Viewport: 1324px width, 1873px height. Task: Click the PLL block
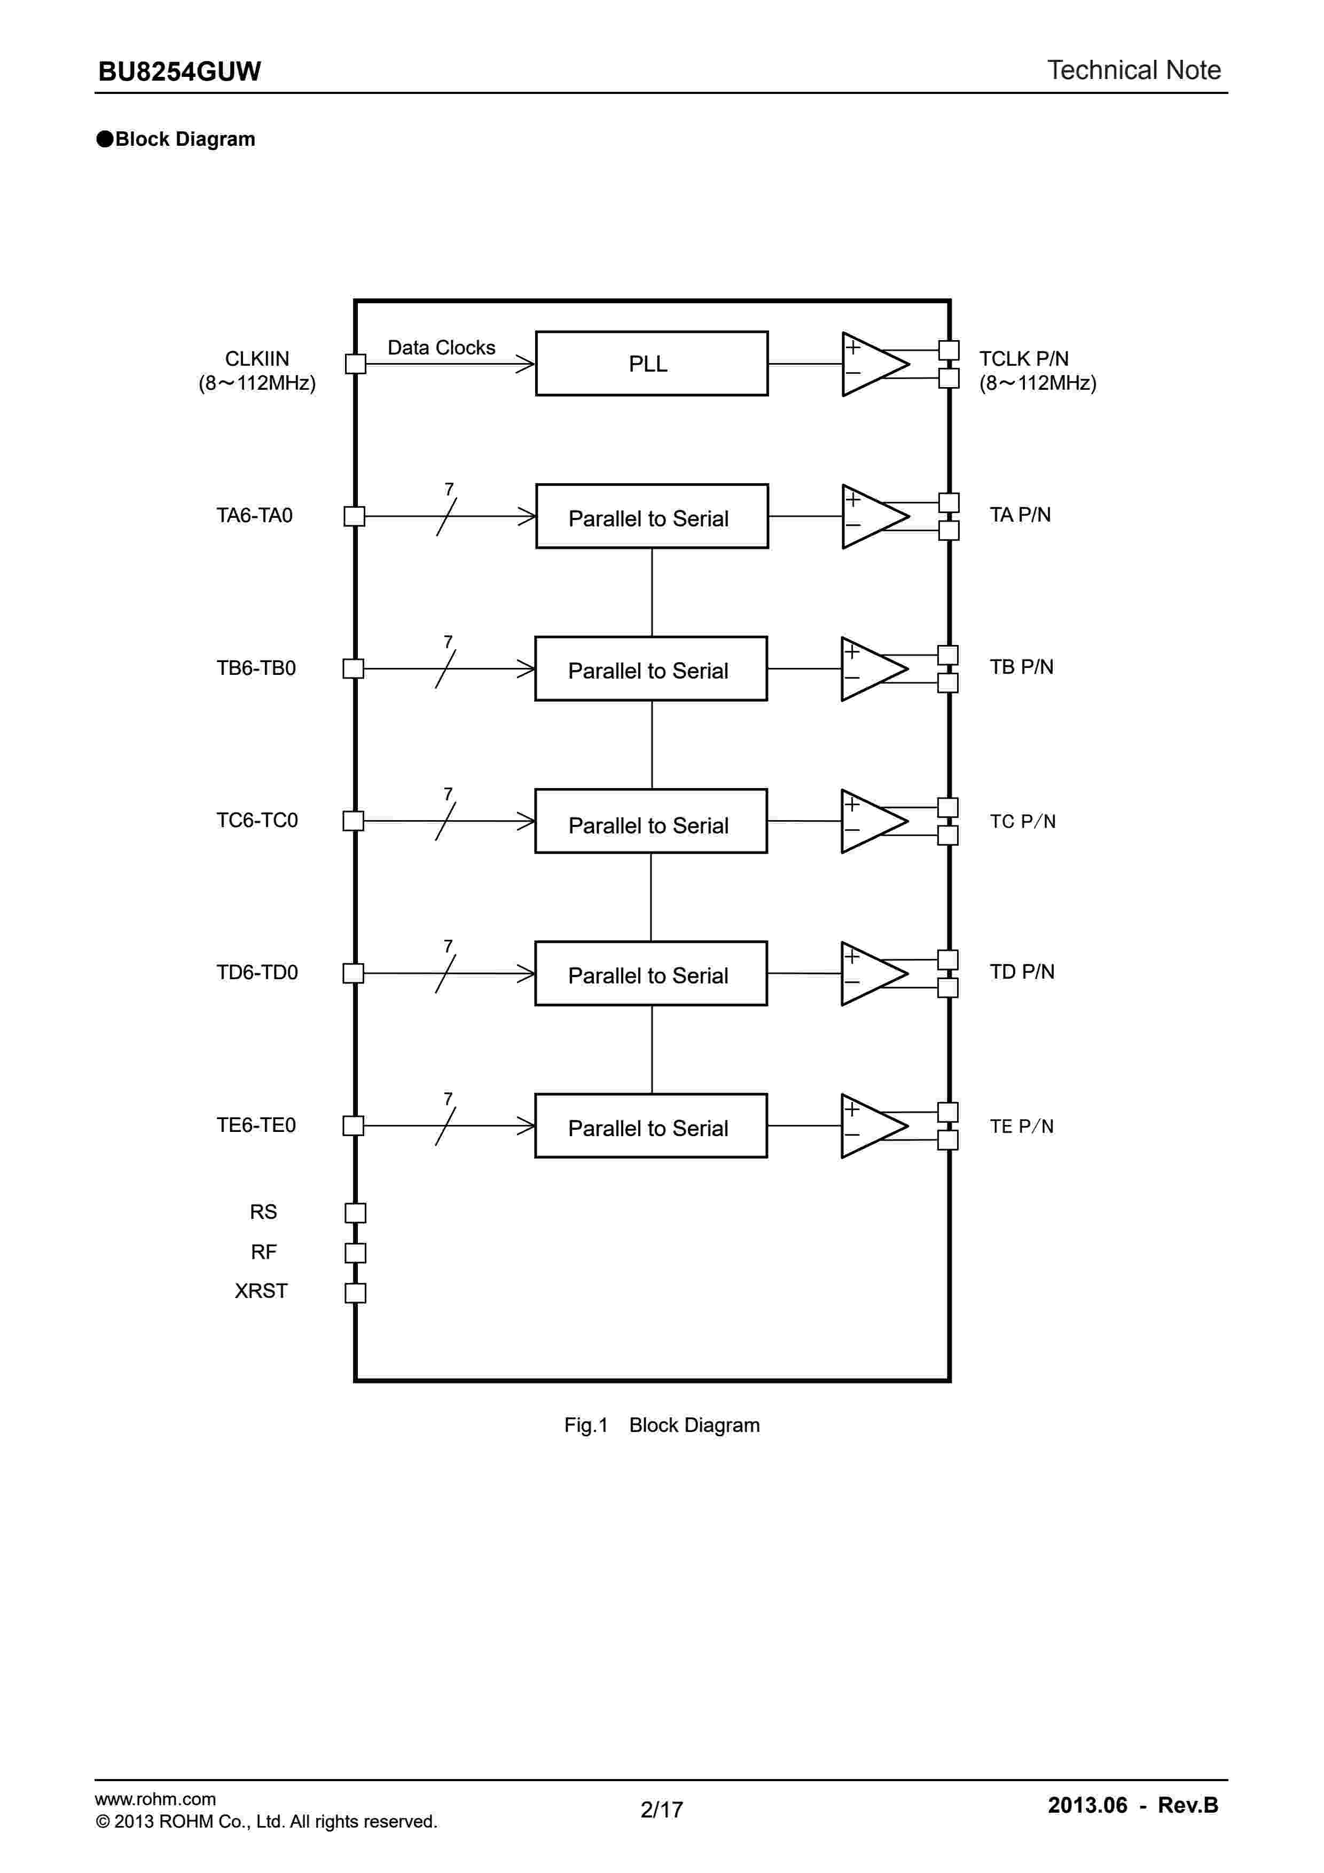click(x=651, y=363)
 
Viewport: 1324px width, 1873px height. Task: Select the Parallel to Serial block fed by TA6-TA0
click(x=651, y=516)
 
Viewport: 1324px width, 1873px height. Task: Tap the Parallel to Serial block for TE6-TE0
click(x=650, y=1126)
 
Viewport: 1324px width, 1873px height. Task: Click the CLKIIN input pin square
click(x=356, y=364)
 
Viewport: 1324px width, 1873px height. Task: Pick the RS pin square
click(x=356, y=1213)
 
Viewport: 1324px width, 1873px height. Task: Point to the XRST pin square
click(x=356, y=1293)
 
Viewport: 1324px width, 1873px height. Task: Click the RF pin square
click(x=356, y=1253)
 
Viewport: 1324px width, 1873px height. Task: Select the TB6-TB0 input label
click(x=256, y=668)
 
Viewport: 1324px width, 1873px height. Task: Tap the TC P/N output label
click(x=1022, y=822)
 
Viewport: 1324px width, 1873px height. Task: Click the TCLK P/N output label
click(x=1024, y=359)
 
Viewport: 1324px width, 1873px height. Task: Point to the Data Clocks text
click(x=441, y=348)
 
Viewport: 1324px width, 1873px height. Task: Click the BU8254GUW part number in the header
click(x=179, y=72)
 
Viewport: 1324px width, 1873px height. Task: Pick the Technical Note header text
click(x=1133, y=70)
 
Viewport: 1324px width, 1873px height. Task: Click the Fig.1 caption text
click(x=662, y=1425)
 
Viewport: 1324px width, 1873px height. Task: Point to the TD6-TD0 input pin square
click(x=353, y=973)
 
